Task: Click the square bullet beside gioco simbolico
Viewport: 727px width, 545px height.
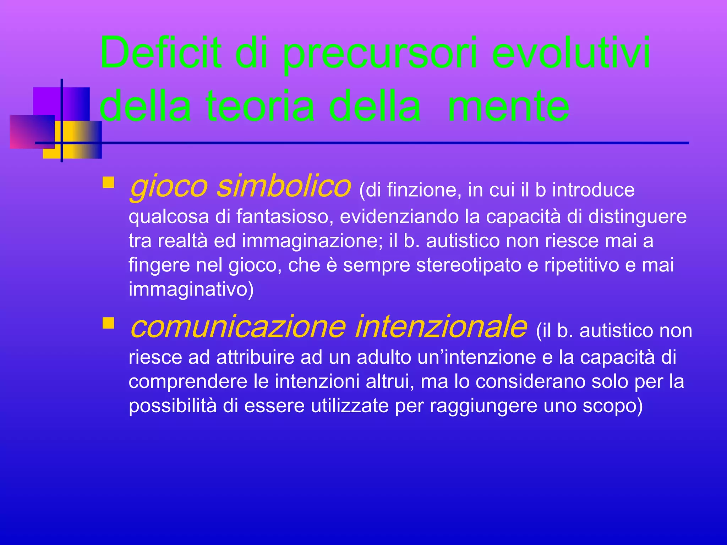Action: (108, 182)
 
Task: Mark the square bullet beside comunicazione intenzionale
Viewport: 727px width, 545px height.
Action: (108, 323)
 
